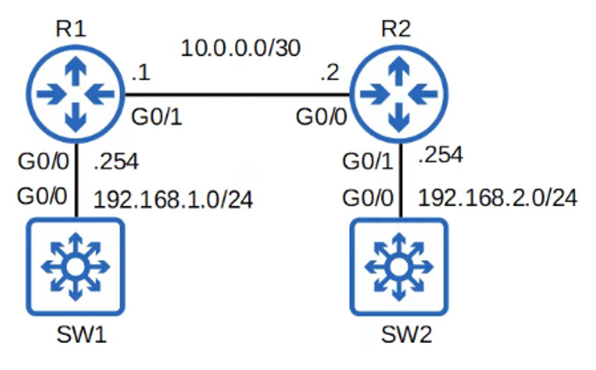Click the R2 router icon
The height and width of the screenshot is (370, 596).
[398, 94]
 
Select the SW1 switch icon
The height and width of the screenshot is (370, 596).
[75, 266]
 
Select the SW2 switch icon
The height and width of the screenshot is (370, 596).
[398, 266]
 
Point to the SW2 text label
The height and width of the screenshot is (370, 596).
[406, 336]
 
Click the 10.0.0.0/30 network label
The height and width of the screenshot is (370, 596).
[240, 49]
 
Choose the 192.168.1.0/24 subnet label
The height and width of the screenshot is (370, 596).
[174, 199]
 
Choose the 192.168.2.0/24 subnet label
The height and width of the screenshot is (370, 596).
[498, 197]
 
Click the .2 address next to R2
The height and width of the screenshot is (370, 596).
[329, 74]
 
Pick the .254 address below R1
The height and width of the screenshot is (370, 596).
[117, 162]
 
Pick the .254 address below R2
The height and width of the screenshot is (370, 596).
[441, 156]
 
